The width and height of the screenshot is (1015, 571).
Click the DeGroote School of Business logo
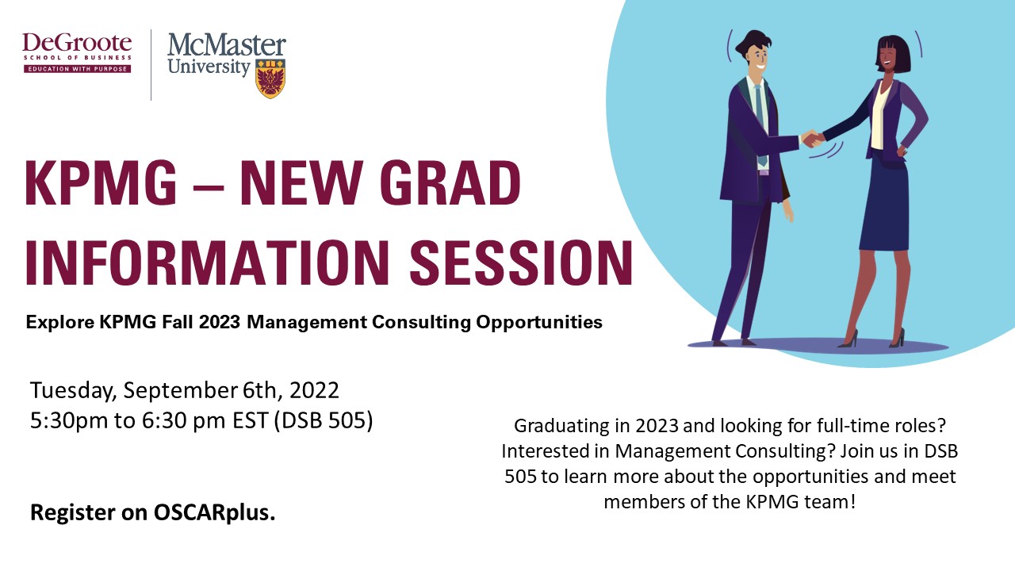[x=77, y=53]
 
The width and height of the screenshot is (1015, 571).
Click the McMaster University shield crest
[x=270, y=78]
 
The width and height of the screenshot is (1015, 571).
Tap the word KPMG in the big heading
[x=101, y=183]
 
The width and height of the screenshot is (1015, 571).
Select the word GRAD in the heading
[x=450, y=183]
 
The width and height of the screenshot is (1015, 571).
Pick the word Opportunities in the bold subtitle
[x=539, y=323]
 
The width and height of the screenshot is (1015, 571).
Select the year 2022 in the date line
[x=315, y=390]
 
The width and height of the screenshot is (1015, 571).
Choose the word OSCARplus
[x=214, y=513]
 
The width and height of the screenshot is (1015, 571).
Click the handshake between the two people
[x=812, y=138]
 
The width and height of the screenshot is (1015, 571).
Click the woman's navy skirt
[x=884, y=203]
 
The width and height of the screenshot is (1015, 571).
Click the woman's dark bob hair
[x=893, y=52]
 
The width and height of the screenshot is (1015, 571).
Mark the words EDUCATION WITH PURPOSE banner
[x=78, y=69]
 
